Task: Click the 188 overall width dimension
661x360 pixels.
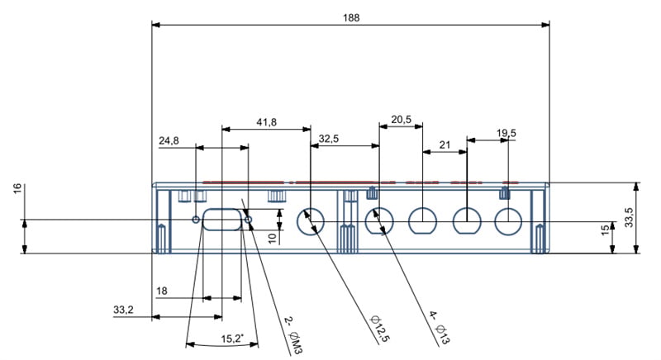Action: [x=351, y=17]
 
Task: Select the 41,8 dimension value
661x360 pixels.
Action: [x=266, y=122]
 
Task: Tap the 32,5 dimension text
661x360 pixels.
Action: [x=329, y=139]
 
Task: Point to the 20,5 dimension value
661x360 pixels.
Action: [x=401, y=120]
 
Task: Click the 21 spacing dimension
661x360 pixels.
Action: [x=445, y=145]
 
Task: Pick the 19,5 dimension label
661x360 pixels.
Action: [x=506, y=134]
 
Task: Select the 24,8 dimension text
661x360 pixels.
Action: [x=169, y=140]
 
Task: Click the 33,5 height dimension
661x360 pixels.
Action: [x=629, y=217]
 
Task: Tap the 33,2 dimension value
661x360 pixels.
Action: [x=123, y=310]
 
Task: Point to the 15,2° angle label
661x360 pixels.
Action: [x=232, y=339]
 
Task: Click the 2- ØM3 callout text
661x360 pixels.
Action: [x=293, y=334]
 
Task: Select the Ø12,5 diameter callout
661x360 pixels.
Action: [x=380, y=328]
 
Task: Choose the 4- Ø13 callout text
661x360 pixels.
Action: [x=439, y=327]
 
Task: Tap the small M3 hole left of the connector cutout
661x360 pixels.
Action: [x=196, y=220]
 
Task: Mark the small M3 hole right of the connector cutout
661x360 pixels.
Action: [x=249, y=220]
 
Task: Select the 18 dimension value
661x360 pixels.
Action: [x=162, y=291]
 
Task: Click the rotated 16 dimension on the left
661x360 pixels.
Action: [x=17, y=188]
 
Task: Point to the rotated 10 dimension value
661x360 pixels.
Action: [x=273, y=239]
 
